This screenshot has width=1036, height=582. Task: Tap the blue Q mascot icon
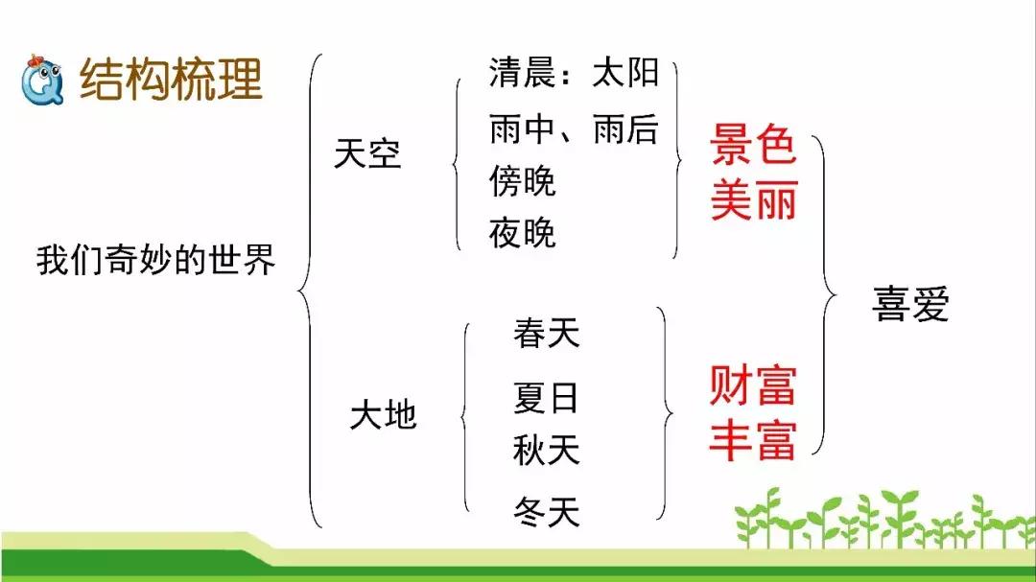42,81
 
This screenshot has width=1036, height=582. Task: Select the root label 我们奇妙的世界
155,259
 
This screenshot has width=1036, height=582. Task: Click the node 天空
367,154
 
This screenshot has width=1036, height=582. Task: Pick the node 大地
383,415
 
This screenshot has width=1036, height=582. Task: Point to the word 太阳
625,71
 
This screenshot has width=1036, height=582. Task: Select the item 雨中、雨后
574,128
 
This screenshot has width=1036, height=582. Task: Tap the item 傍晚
522,181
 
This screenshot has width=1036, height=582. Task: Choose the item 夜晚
522,233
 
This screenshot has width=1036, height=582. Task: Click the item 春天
547,333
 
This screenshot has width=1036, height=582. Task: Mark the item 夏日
546,398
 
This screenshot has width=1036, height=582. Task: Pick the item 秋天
547,451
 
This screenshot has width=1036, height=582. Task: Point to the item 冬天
547,512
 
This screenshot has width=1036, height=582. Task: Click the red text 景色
753,144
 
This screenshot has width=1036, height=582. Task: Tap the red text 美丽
754,199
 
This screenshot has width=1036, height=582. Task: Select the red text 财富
753,384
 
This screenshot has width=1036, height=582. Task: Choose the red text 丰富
753,439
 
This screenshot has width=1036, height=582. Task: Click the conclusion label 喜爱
910,304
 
